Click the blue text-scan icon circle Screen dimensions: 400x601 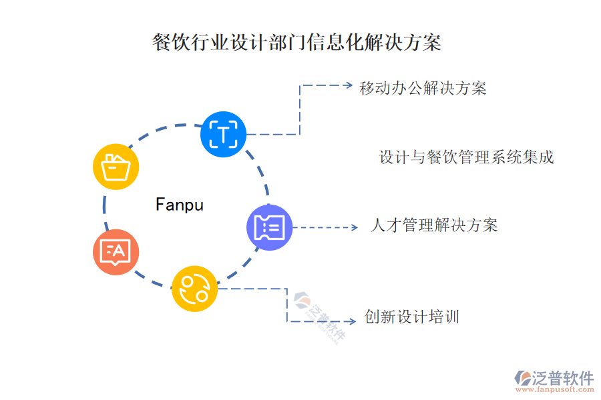pyautogui.click(x=223, y=135)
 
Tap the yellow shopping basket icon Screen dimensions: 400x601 pyautogui.click(x=116, y=167)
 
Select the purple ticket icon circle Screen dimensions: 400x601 pyautogui.click(x=270, y=227)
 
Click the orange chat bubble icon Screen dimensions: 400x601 pyautogui.click(x=116, y=252)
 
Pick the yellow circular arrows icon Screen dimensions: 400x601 pyautogui.click(x=194, y=288)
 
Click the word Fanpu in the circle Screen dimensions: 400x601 pyautogui.click(x=179, y=204)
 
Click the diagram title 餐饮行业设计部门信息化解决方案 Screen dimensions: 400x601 pyautogui.click(x=296, y=43)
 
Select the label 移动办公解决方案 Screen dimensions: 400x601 pyautogui.click(x=423, y=88)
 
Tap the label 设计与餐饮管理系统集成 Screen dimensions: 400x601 pyautogui.click(x=466, y=157)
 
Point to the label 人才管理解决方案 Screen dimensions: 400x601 pyautogui.click(x=433, y=225)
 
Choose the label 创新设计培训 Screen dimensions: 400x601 pyautogui.click(x=411, y=317)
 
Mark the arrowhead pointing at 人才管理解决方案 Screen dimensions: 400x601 pyautogui.click(x=354, y=227)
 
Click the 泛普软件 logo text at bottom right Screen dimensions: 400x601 pyautogui.click(x=563, y=378)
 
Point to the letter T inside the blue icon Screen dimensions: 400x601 pyautogui.click(x=223, y=135)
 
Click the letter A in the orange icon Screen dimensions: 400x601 pyautogui.click(x=119, y=251)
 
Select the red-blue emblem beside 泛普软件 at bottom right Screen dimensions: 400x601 pyautogui.click(x=522, y=378)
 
